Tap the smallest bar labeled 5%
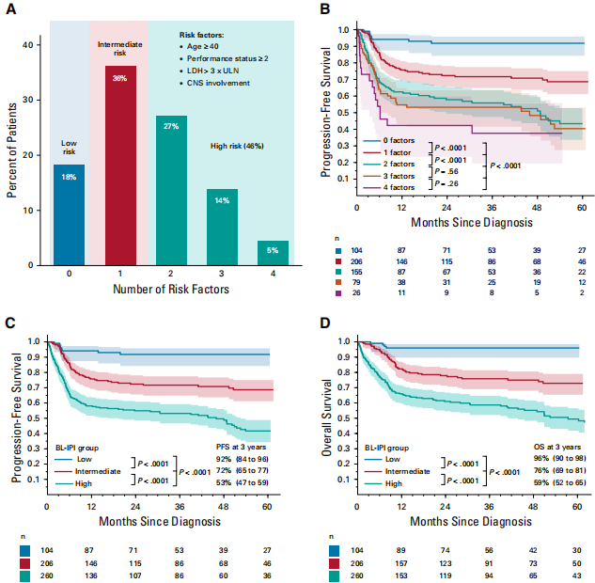coord(273,254)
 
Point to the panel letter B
coord(325,10)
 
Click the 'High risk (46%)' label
coord(236,147)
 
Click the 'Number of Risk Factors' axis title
coord(170,289)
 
